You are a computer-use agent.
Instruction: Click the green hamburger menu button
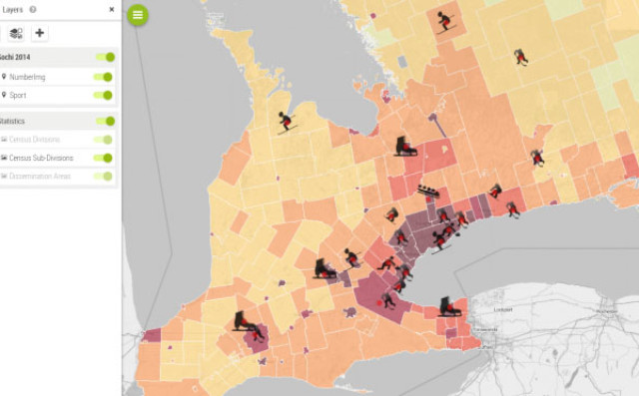tap(138, 15)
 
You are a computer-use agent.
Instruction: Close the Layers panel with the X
tap(111, 10)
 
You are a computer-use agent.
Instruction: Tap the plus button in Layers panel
tap(40, 33)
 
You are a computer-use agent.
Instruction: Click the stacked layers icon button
tap(16, 33)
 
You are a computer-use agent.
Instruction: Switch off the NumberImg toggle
tap(104, 77)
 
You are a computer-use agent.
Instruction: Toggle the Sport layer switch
tap(104, 95)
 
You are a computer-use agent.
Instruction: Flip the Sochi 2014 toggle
tap(104, 58)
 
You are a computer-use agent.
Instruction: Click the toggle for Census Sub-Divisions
tap(104, 158)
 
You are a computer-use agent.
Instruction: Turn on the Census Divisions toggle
tap(104, 140)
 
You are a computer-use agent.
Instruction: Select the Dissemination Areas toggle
tap(104, 176)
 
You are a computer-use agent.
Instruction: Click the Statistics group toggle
tap(104, 121)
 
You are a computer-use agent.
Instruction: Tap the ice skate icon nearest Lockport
tap(450, 304)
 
